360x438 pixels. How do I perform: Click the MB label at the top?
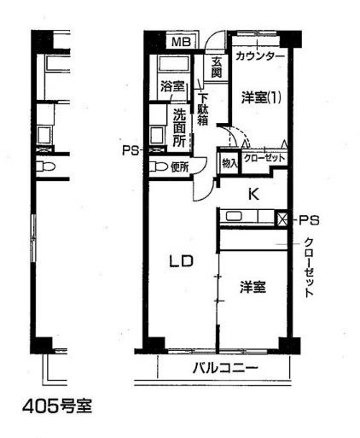point(181,42)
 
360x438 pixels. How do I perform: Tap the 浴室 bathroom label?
point(172,86)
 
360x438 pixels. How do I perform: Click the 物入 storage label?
point(228,161)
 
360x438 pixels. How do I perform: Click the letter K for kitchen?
point(253,193)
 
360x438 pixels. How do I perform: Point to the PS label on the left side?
point(131,150)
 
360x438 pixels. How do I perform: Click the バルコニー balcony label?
point(223,369)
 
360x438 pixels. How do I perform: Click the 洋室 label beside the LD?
point(252,288)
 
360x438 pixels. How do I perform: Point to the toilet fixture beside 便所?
point(159,167)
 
